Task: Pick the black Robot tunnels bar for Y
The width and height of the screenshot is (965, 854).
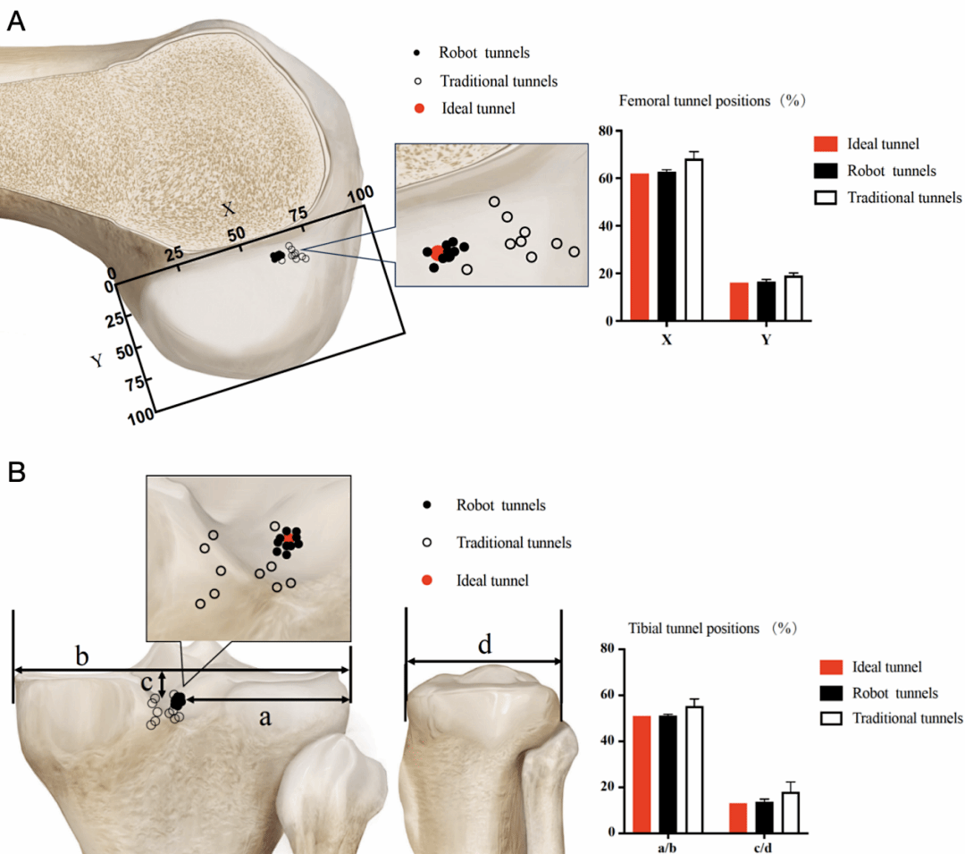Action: click(766, 301)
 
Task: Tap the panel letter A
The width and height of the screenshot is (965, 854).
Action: click(16, 22)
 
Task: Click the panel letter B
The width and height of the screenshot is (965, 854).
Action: click(17, 471)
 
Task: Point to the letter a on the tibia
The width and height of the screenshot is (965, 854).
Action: click(265, 716)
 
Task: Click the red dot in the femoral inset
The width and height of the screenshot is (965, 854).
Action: click(437, 253)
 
